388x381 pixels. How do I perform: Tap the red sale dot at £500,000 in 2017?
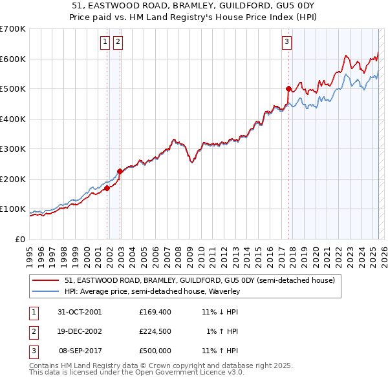(288, 88)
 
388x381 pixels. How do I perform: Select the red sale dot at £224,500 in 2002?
(120, 171)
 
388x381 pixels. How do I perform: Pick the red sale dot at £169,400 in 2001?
(107, 188)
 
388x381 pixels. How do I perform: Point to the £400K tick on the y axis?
(13, 119)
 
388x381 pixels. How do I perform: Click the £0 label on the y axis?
(21, 239)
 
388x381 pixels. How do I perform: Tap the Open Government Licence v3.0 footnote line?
(136, 373)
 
